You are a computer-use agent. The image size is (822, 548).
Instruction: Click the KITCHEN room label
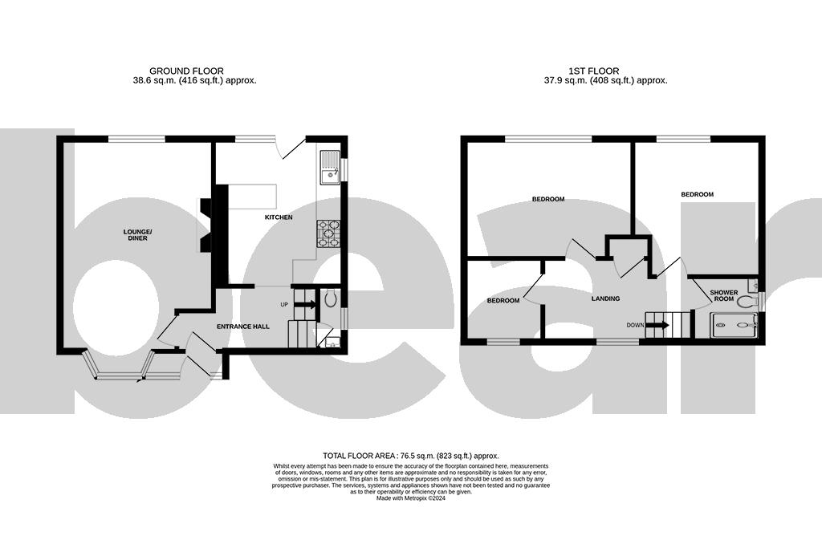click(279, 217)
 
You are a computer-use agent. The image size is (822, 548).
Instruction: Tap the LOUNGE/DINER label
click(137, 235)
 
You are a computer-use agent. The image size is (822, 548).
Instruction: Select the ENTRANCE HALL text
click(243, 327)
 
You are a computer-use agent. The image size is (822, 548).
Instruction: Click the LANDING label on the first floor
click(605, 298)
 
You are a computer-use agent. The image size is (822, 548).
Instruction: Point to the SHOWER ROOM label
click(724, 295)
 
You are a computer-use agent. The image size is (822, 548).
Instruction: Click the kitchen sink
click(329, 173)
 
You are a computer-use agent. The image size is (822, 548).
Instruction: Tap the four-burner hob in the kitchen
click(329, 233)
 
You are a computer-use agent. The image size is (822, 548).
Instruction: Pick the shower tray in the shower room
click(734, 326)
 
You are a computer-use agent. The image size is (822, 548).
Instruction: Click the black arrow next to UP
click(304, 304)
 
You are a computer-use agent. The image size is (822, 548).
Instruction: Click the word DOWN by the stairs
click(635, 325)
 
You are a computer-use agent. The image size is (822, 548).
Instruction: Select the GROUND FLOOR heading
click(186, 71)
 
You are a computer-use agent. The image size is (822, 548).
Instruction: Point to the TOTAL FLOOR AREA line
click(410, 454)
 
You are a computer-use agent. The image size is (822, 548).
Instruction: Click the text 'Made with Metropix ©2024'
click(410, 497)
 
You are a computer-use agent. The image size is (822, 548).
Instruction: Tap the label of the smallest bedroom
click(503, 301)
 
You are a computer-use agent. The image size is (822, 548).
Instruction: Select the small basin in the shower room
click(752, 285)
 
